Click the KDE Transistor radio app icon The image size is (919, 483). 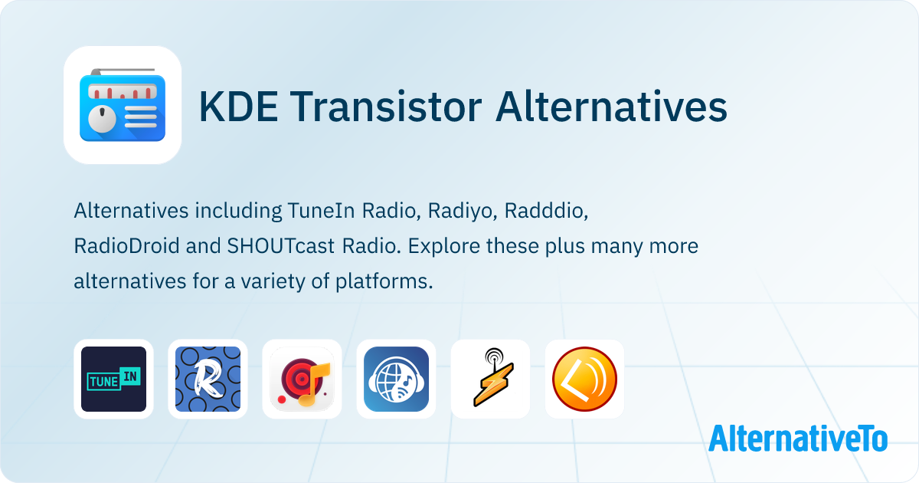click(123, 105)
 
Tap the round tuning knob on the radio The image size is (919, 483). click(102, 119)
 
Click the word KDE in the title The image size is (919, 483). click(239, 107)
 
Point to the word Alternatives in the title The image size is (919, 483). click(611, 107)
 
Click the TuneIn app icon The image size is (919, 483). click(113, 379)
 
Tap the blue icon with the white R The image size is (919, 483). click(208, 379)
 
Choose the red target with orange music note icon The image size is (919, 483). click(302, 379)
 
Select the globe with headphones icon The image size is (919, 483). click(397, 379)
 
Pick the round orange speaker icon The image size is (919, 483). click(584, 379)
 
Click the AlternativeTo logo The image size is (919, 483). click(798, 439)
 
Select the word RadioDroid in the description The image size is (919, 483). click(126, 246)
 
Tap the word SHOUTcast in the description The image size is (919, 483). click(281, 246)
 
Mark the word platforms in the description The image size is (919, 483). click(384, 282)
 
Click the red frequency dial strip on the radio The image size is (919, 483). click(123, 91)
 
